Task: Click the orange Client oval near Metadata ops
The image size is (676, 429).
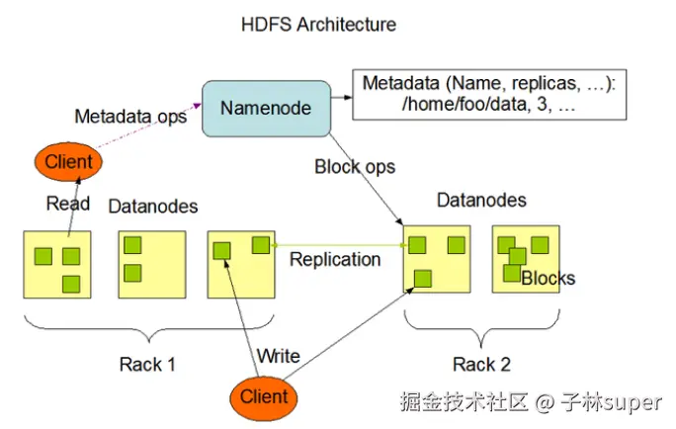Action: pyautogui.click(x=68, y=161)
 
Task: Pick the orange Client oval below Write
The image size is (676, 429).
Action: pyautogui.click(x=264, y=397)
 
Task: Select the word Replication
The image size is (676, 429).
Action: pyautogui.click(x=335, y=260)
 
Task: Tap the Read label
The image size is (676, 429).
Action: pyautogui.click(x=68, y=205)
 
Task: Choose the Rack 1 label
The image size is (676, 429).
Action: pyautogui.click(x=147, y=365)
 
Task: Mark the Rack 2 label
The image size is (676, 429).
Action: pyautogui.click(x=481, y=365)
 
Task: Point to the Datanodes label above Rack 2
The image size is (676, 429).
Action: pyautogui.click(x=481, y=201)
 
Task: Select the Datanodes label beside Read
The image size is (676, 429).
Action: pyautogui.click(x=153, y=207)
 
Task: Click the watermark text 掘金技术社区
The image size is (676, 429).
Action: pyautogui.click(x=465, y=403)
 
